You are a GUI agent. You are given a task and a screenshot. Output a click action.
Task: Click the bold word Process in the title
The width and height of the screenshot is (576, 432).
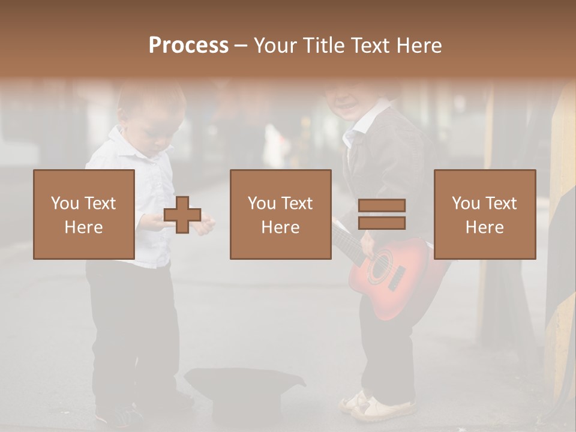(x=188, y=46)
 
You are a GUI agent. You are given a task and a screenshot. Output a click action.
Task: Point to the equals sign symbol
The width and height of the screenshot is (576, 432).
(x=382, y=214)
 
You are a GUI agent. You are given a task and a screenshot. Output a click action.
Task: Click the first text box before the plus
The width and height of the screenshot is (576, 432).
(x=84, y=214)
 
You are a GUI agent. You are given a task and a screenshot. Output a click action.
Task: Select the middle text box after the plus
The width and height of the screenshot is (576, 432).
(x=280, y=214)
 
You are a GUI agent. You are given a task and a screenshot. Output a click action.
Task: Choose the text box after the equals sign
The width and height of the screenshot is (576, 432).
(x=484, y=214)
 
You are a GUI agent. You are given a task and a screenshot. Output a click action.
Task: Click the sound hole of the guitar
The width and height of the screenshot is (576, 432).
(x=380, y=268)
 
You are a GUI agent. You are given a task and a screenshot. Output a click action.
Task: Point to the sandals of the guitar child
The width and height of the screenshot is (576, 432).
(x=372, y=405)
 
